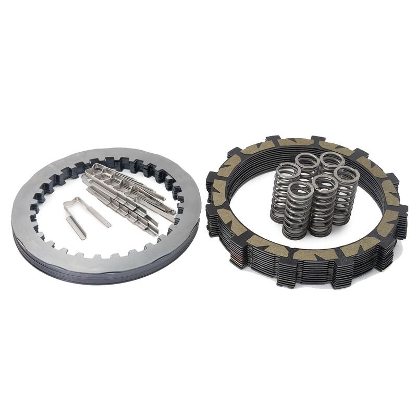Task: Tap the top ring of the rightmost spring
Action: (x=346, y=174)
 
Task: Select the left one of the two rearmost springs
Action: (x=308, y=160)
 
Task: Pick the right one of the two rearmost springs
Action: (x=332, y=160)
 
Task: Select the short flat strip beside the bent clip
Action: (x=76, y=228)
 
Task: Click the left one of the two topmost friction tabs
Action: (x=272, y=140)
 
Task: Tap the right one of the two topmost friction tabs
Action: (x=316, y=140)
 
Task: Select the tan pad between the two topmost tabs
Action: (x=295, y=142)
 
